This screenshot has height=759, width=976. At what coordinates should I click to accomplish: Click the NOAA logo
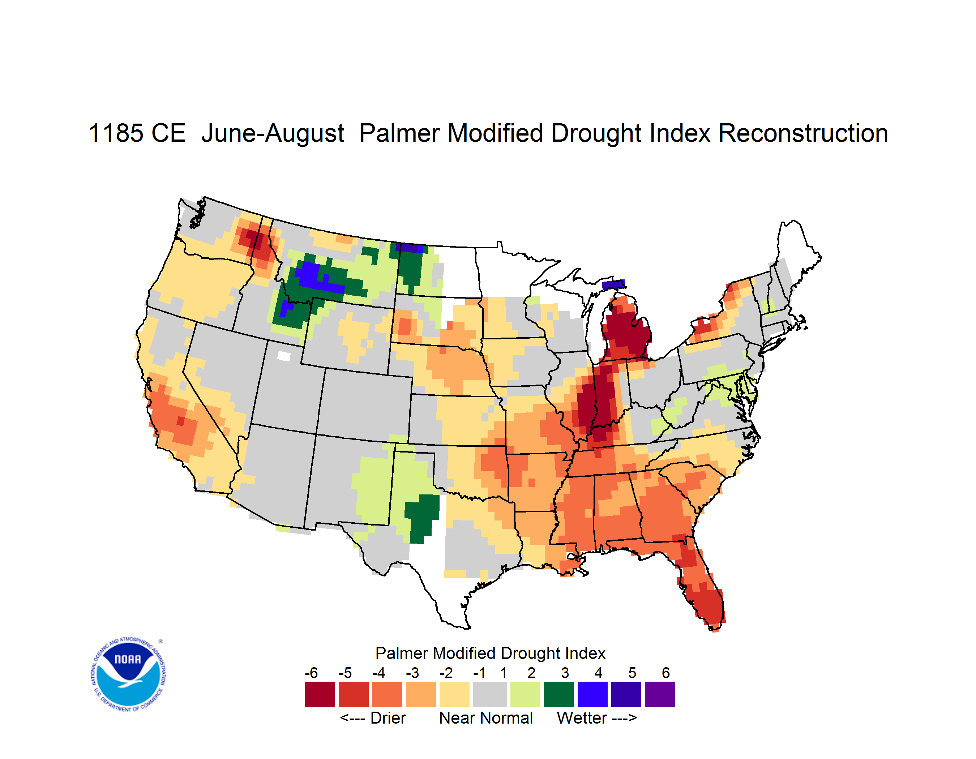click(x=128, y=674)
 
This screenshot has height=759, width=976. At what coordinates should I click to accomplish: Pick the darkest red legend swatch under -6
click(x=320, y=694)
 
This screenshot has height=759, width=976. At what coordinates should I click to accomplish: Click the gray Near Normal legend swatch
click(x=490, y=694)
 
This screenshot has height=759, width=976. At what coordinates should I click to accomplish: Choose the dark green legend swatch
click(x=558, y=694)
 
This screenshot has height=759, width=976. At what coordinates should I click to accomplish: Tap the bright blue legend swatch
click(x=592, y=694)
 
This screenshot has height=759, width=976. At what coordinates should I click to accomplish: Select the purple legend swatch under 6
click(x=660, y=694)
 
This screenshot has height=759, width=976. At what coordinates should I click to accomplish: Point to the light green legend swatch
click(x=525, y=694)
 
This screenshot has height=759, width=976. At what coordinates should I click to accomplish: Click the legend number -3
click(x=412, y=673)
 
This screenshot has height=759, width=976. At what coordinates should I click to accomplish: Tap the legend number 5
click(x=632, y=673)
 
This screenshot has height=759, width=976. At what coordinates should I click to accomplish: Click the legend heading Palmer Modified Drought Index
click(x=490, y=653)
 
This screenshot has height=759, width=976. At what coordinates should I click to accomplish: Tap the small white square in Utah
click(x=284, y=356)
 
